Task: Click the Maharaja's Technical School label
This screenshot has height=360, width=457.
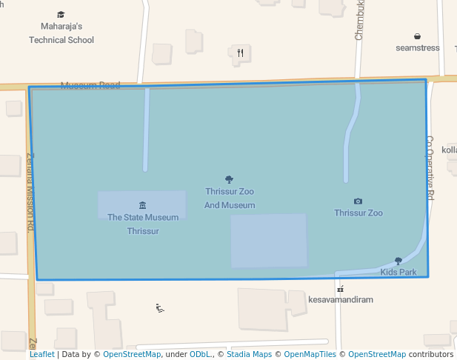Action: (x=61, y=33)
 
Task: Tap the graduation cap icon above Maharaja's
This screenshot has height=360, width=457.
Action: (x=61, y=15)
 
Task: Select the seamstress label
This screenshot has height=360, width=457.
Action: (x=418, y=48)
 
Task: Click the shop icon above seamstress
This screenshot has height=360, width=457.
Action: (x=418, y=36)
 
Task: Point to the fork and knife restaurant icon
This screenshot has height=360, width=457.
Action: (x=240, y=53)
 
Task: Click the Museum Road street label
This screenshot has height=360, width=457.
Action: (x=90, y=85)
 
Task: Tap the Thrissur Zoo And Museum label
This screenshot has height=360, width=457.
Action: (x=230, y=199)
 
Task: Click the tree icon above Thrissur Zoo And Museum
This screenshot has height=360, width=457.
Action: (x=229, y=179)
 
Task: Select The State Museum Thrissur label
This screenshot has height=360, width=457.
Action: (x=143, y=224)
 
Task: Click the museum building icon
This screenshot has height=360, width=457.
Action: (x=142, y=205)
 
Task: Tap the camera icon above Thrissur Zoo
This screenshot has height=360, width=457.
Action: (x=358, y=201)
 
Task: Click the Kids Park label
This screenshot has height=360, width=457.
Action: (x=398, y=273)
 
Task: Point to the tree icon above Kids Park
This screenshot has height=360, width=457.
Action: (x=398, y=261)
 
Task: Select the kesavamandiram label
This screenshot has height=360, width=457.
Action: (x=341, y=300)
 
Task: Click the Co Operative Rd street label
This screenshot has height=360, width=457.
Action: (x=430, y=167)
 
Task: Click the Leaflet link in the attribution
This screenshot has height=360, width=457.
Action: (x=41, y=355)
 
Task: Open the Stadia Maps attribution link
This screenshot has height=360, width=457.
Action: (x=249, y=355)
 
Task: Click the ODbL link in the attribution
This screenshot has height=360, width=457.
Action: (x=200, y=355)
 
